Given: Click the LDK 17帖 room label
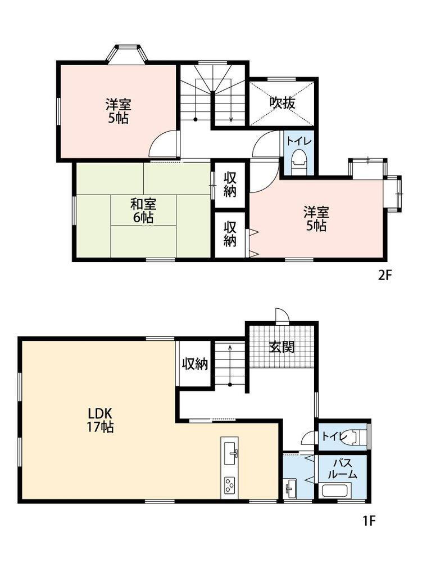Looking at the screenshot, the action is pos(100,420).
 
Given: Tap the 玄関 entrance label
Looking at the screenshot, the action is pos(282,346).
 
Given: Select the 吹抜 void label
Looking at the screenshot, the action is pos(282,103).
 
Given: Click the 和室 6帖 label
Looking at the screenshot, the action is pos(143,210).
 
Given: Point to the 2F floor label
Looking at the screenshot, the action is pos(385,275).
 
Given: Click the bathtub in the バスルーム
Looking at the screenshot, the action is pos(337,490).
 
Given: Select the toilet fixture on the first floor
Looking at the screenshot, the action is pos(358,436).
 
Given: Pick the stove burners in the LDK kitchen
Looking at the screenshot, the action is pos(229,485).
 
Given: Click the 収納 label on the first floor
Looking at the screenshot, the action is pos(195,364).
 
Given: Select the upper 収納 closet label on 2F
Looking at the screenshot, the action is pos(229,185).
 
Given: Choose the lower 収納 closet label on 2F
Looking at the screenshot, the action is pos(230,233).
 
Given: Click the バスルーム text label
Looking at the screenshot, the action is pos(342,469).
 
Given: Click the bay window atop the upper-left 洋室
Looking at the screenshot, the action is pos(128,55).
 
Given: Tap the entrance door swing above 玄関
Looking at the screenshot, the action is pos(282,315).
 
